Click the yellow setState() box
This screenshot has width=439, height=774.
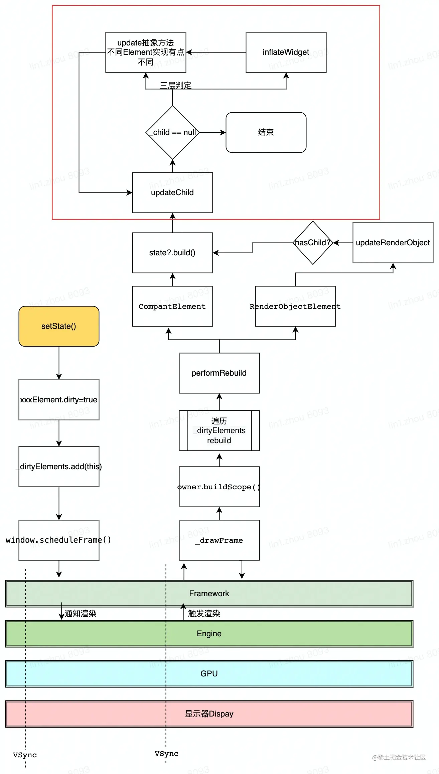[x=59, y=326]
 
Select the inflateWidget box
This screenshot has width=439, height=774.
[x=286, y=52]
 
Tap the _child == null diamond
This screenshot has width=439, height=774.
[x=172, y=132]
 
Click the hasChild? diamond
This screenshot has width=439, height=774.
[x=313, y=243]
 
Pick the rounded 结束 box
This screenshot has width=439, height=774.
[x=266, y=132]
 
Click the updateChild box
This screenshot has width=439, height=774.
[x=172, y=192]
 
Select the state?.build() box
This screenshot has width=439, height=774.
[x=172, y=253]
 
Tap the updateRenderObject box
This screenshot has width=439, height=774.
[x=393, y=243]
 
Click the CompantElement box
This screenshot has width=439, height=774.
[x=172, y=306]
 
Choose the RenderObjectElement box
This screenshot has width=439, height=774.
[x=295, y=306]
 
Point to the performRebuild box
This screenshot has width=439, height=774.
[x=219, y=373]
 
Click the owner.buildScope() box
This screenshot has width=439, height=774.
[x=219, y=487]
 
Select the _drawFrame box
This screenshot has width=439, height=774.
[x=219, y=540]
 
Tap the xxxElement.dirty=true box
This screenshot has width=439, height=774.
[x=59, y=400]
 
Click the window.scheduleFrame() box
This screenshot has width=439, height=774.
[x=59, y=540]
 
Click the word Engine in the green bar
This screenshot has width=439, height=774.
[x=209, y=634]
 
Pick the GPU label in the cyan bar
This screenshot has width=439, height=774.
[x=209, y=674]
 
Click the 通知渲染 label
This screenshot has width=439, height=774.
[x=80, y=614]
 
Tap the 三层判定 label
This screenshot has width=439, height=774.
[x=176, y=85]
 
